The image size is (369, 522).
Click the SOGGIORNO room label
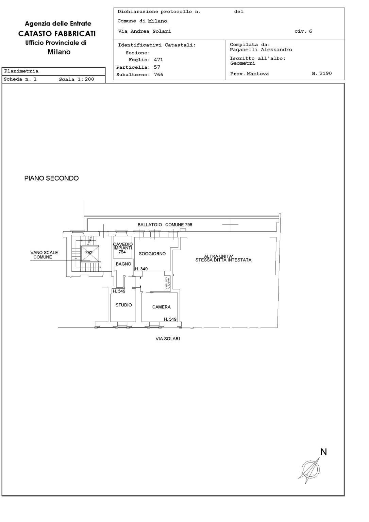pos(152,254)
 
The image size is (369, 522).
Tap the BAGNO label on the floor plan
pos(123,264)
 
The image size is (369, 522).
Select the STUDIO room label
pos(123,305)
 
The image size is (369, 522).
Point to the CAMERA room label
pos(161,307)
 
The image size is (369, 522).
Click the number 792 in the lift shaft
pos(88,252)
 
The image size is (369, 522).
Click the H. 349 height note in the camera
pos(170,319)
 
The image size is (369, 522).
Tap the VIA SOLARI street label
pos(168,339)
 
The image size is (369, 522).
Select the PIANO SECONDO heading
pos(51,178)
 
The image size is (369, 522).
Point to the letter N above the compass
pos(323,452)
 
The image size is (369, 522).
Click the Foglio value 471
pos(158,60)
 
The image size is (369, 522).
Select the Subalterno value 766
pos(158,74)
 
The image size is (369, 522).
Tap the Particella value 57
pos(157,67)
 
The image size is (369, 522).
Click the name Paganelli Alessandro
pos(261,49)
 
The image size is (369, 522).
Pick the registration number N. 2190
pos(322,73)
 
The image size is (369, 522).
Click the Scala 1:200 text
pos(77,79)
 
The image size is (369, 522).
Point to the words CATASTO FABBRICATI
pos(57,34)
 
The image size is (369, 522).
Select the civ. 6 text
pos(303,31)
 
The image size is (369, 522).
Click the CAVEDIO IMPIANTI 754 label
pos(123,248)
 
